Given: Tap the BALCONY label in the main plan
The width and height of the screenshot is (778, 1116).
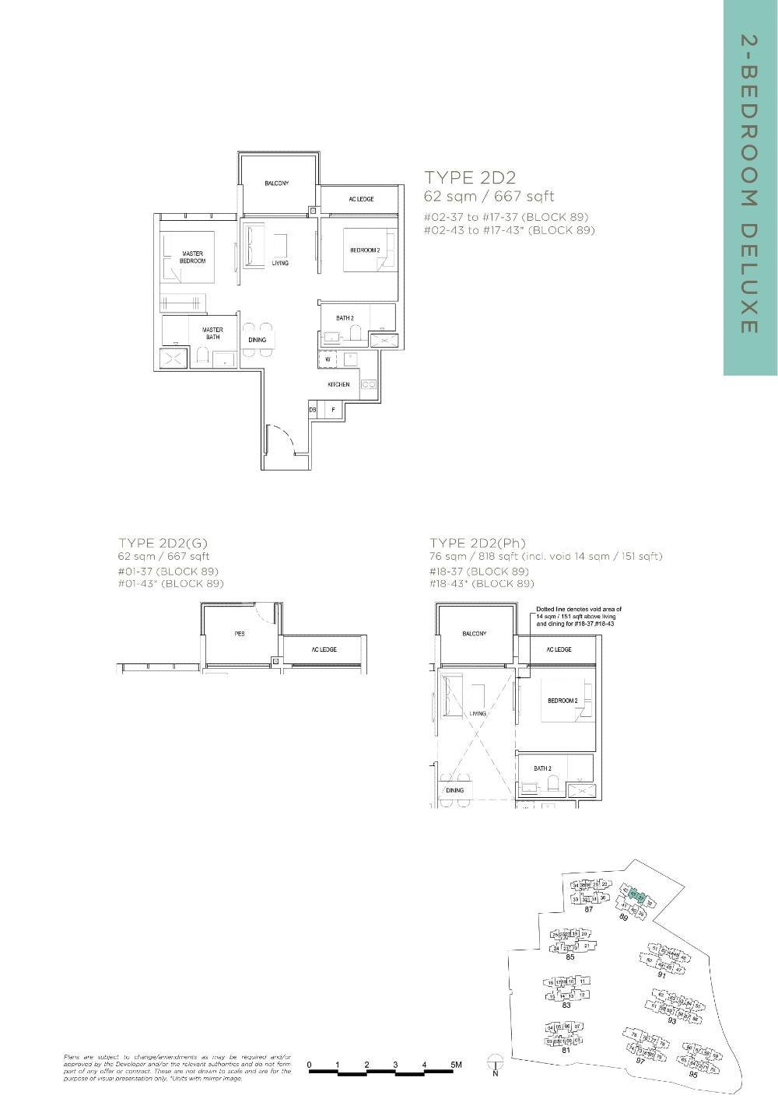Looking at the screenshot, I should click(276, 184).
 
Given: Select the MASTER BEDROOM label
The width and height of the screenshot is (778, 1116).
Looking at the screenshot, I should click(192, 257).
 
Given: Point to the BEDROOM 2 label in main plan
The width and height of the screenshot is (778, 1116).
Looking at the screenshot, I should click(365, 250).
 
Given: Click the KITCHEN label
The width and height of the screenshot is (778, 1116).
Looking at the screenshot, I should click(338, 384).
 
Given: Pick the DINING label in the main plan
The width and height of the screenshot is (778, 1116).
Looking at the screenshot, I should click(257, 340).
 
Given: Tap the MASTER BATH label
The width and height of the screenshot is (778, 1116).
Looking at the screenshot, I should click(212, 334).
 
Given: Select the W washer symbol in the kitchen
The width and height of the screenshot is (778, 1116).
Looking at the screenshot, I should click(328, 359).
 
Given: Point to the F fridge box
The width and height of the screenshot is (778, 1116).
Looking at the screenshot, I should click(334, 410).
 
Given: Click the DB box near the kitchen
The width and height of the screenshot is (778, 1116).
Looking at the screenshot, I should click(313, 410).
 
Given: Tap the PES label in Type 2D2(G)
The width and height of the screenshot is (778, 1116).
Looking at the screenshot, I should click(240, 634).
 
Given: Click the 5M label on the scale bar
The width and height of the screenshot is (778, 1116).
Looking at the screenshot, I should click(456, 1064).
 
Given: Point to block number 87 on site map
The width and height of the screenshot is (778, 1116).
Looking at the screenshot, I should click(589, 909).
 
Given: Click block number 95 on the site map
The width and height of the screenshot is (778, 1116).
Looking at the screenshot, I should click(692, 1074).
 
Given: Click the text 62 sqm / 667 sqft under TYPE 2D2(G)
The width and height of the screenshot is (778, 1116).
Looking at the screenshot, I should click(163, 556).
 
